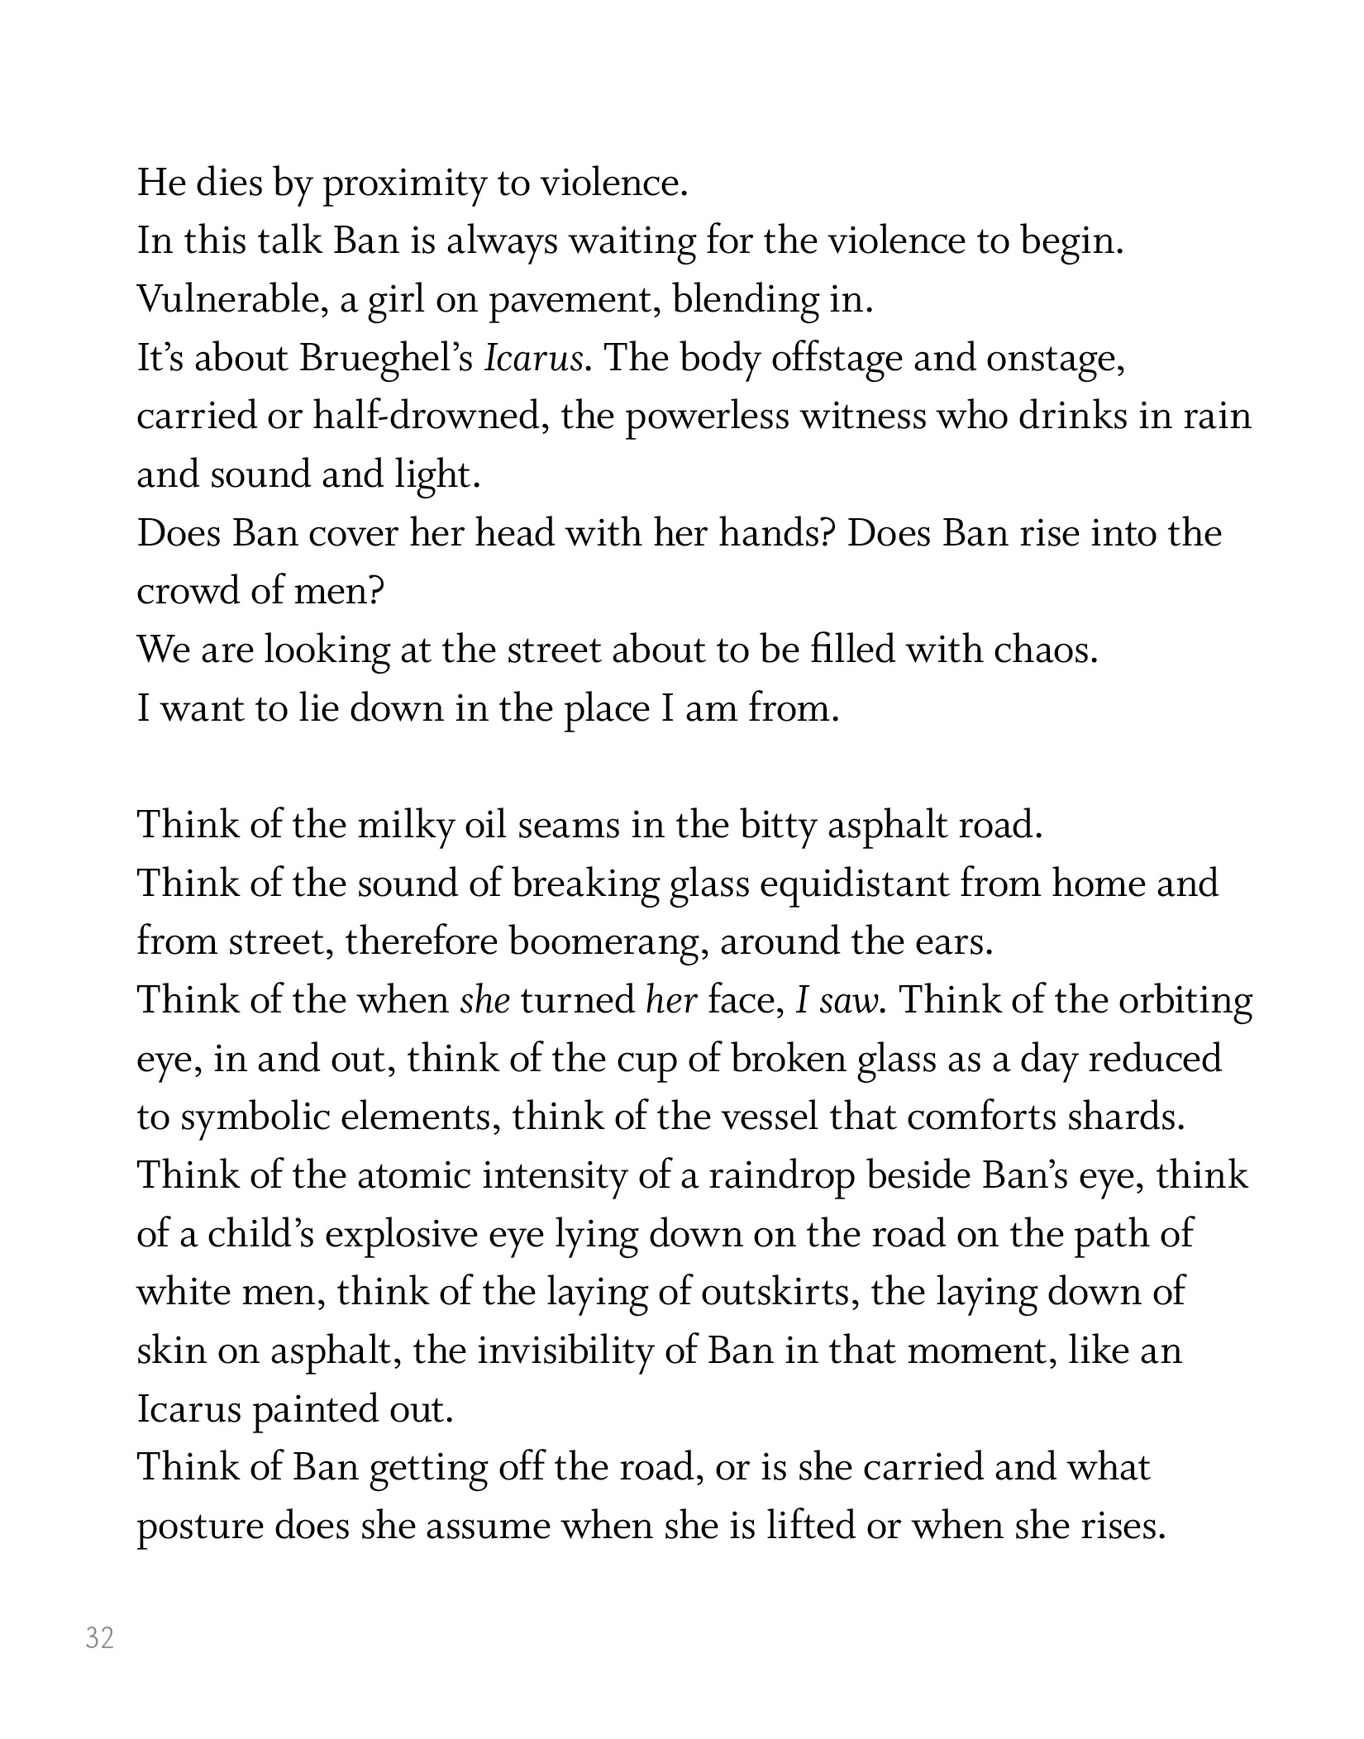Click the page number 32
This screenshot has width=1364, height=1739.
pos(99,1637)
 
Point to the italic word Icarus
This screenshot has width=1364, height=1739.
pos(532,359)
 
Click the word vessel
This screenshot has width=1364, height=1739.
pos(770,1118)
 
